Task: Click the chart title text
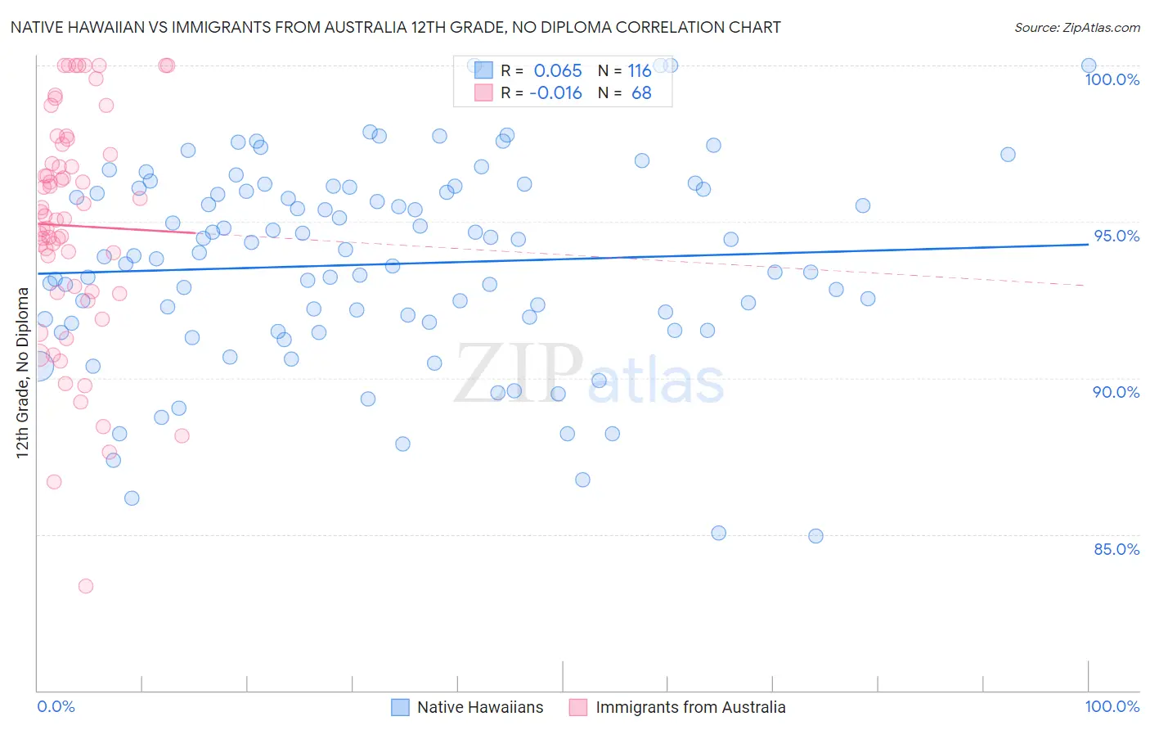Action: [x=395, y=27]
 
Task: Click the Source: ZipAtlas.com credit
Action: [x=1076, y=27]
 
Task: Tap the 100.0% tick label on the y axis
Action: [x=1112, y=79]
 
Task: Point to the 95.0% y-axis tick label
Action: [x=1116, y=236]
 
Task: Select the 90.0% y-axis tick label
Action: [x=1116, y=392]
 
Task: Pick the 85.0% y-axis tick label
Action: [x=1116, y=549]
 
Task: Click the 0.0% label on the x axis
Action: [x=56, y=706]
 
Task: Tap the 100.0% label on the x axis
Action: [x=1112, y=706]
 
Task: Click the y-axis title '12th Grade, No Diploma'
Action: [x=22, y=372]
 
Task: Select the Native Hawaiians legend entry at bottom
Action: [x=479, y=707]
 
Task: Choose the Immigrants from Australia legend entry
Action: [x=690, y=707]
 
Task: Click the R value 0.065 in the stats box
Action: [x=557, y=70]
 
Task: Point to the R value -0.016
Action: [x=555, y=92]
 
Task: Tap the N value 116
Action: [x=639, y=70]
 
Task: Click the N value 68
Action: [x=641, y=92]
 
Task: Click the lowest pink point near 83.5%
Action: [x=85, y=586]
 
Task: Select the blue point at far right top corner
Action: [x=1088, y=65]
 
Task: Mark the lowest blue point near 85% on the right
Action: [x=815, y=536]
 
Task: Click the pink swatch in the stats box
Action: [x=483, y=92]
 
